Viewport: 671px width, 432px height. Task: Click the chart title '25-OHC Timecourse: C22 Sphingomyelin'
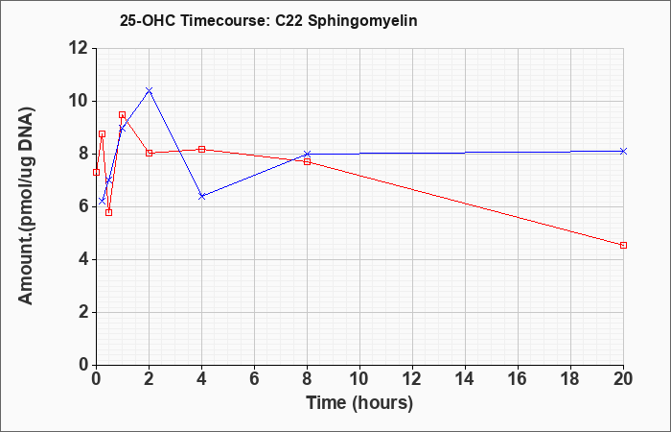pyautogui.click(x=268, y=20)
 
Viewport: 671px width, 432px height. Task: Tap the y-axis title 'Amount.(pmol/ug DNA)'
pyautogui.click(x=26, y=206)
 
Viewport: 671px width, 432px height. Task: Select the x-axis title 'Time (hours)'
pyautogui.click(x=359, y=403)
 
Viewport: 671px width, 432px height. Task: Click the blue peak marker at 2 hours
pyautogui.click(x=149, y=90)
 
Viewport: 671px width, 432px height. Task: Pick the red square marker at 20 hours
pyautogui.click(x=623, y=245)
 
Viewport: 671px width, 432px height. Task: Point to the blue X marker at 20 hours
pyautogui.click(x=623, y=152)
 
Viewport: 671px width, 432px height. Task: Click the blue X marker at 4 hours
pyautogui.click(x=202, y=196)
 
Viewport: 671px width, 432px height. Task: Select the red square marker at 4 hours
pyautogui.click(x=202, y=149)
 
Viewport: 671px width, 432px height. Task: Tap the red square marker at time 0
pyautogui.click(x=96, y=172)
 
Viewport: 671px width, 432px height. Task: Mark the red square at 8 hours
pyautogui.click(x=308, y=162)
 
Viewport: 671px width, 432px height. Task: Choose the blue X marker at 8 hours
pyautogui.click(x=308, y=154)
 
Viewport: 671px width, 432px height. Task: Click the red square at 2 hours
pyautogui.click(x=149, y=153)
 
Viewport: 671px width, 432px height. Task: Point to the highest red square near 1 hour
pyautogui.click(x=122, y=115)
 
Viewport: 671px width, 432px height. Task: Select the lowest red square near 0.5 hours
pyautogui.click(x=108, y=212)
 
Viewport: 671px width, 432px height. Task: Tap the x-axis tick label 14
pyautogui.click(x=465, y=379)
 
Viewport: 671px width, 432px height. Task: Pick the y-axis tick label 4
pyautogui.click(x=82, y=260)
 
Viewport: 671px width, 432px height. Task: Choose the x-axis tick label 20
pyautogui.click(x=623, y=379)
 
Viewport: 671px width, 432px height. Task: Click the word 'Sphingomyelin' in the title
pyautogui.click(x=363, y=21)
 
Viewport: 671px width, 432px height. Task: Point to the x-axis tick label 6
pyautogui.click(x=255, y=379)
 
